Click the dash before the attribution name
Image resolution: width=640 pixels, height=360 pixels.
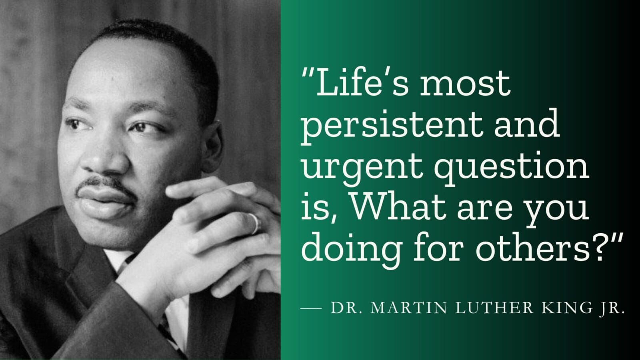coord(311,308)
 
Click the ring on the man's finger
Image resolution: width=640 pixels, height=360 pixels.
coord(255,224)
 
